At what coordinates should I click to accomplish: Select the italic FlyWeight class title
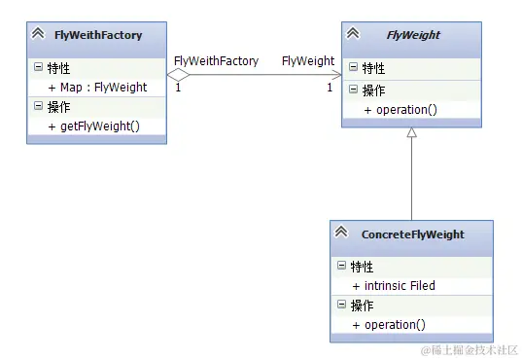(413, 35)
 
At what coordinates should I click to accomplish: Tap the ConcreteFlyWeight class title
(412, 234)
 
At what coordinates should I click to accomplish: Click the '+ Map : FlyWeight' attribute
(97, 87)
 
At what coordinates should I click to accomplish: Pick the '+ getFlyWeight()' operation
(93, 126)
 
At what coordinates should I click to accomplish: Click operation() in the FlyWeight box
(400, 110)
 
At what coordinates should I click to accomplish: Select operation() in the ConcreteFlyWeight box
(389, 324)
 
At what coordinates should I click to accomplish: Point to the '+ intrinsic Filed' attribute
(394, 285)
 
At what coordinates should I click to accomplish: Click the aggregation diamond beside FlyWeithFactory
(179, 74)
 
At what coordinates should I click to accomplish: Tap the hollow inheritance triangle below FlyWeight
(412, 132)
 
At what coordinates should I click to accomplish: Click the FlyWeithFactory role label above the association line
(216, 60)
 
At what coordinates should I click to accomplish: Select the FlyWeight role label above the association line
(308, 60)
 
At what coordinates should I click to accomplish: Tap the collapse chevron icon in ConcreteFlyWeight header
(341, 234)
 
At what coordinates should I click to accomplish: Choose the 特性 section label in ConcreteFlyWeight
(361, 266)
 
